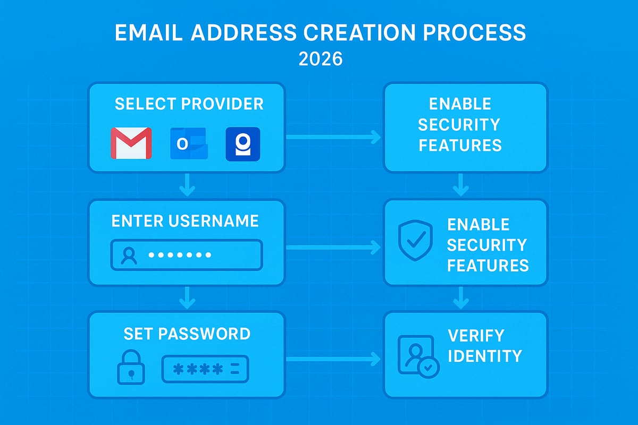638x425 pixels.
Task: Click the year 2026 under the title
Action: [320, 58]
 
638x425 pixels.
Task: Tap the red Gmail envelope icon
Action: [131, 143]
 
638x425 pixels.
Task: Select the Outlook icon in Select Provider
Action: [189, 143]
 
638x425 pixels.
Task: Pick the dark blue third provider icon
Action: [243, 143]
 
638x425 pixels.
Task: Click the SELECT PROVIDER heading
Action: [189, 104]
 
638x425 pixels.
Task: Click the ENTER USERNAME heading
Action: [185, 221]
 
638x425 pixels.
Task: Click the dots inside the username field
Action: [180, 256]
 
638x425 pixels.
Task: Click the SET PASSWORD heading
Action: [187, 334]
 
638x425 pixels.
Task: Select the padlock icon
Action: [130, 366]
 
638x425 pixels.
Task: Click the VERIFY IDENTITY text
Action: [484, 345]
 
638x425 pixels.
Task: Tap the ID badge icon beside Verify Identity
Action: [418, 356]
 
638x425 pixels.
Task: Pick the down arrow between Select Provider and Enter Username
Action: [187, 185]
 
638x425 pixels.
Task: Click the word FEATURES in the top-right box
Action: [460, 145]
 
